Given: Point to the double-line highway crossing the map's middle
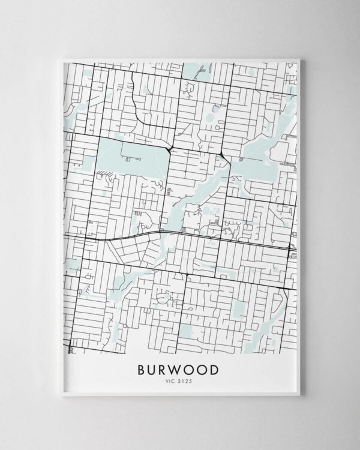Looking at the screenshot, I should (180, 234).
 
